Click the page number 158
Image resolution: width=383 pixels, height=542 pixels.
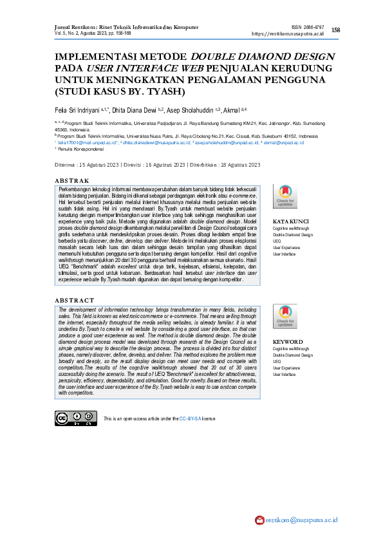[335, 30]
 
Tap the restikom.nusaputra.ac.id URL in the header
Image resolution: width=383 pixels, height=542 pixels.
[287, 33]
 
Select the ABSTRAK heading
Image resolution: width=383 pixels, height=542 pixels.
[72, 180]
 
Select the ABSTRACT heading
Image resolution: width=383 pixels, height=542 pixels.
[74, 301]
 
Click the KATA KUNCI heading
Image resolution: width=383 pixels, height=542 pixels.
[291, 221]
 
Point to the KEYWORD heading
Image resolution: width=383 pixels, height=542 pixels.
[287, 341]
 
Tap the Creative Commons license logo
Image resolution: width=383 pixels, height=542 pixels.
[70, 418]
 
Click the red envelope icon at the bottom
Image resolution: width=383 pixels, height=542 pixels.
[259, 519]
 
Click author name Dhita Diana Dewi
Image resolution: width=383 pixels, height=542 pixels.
[135, 109]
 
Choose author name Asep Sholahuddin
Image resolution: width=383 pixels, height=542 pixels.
[192, 109]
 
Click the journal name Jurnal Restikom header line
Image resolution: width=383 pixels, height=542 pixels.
[126, 27]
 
